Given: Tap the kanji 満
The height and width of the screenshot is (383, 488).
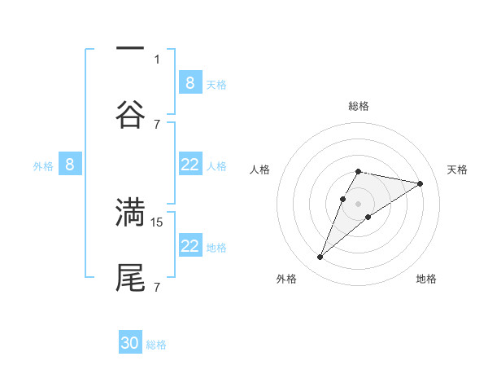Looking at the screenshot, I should (130, 212).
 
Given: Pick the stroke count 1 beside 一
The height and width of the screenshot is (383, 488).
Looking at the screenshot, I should (157, 59).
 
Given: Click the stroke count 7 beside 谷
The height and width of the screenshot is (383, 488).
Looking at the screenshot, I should (157, 124).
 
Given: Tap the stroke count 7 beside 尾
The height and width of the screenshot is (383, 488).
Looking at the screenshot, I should (157, 288).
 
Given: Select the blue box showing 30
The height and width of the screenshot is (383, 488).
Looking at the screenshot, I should (130, 343).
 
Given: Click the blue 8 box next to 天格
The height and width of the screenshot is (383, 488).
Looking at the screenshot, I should (190, 82).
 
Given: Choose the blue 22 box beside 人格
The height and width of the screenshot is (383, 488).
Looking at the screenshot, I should (190, 165).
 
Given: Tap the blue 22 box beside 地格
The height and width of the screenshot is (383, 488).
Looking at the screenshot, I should (190, 246).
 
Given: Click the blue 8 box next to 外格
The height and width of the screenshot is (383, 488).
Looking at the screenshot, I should (70, 165).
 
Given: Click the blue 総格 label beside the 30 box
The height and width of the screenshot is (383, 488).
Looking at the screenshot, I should (156, 345).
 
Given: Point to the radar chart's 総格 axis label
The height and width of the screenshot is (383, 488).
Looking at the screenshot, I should (358, 106).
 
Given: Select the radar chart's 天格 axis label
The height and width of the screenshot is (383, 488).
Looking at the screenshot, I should (457, 169).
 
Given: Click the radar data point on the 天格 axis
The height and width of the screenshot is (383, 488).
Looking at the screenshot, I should (420, 183).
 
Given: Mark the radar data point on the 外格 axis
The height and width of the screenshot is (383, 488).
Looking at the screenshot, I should (320, 258).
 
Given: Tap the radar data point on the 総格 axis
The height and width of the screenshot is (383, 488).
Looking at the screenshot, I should (358, 171).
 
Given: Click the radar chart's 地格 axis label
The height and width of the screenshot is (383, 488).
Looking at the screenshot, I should (426, 279).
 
